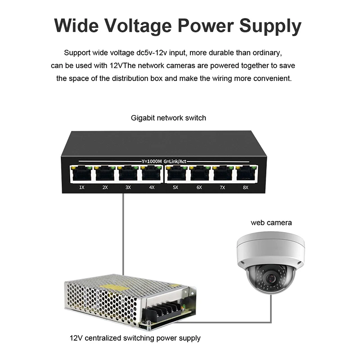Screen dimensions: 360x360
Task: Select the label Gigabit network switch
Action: coord(168,118)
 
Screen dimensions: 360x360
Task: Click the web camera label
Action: coord(271,222)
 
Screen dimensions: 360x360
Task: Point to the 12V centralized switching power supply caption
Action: coord(135,337)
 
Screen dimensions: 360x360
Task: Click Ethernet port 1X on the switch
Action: coord(81,174)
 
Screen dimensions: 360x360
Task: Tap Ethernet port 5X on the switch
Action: coord(175,174)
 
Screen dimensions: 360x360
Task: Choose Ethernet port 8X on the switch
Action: coord(245,174)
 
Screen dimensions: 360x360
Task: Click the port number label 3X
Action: coord(128,187)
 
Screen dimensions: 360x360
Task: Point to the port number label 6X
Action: coord(199,187)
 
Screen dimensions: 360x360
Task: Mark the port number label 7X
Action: coord(222,187)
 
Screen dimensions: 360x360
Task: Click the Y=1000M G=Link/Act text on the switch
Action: coord(163,161)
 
